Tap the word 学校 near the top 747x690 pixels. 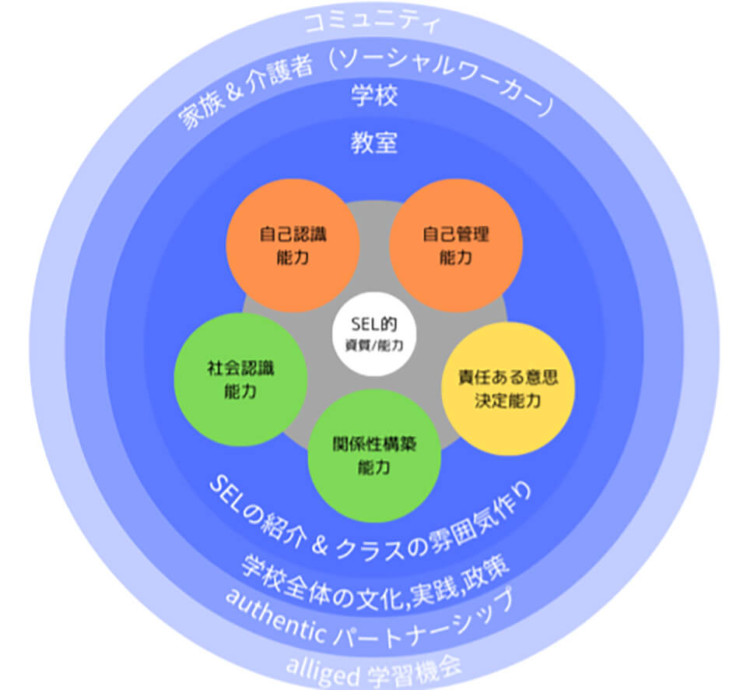(x=374, y=97)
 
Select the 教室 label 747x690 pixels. (x=374, y=144)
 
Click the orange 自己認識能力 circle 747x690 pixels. (x=293, y=245)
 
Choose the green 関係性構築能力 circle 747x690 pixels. (x=374, y=456)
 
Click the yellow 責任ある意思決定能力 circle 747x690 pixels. (x=507, y=389)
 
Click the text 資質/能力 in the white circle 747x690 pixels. (x=374, y=343)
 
